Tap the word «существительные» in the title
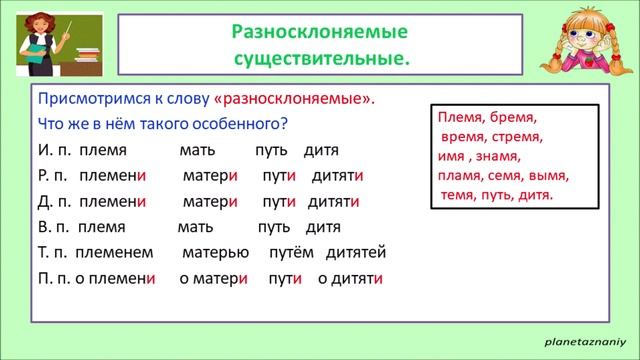coord(321,58)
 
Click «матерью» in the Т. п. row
coord(213,251)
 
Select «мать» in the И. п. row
coord(195,150)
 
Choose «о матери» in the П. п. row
coord(213,278)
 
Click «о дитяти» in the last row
coord(351,278)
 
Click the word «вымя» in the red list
coord(548,175)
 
